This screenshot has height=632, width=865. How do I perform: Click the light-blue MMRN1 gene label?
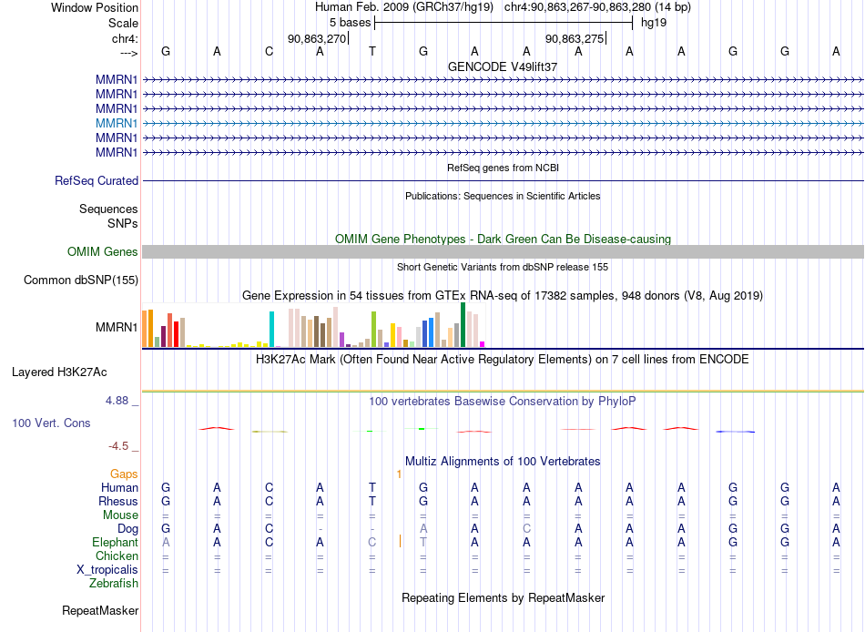[x=117, y=123]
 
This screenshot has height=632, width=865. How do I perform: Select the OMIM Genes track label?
[x=103, y=251]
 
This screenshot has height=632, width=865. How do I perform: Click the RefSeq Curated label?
[x=97, y=180]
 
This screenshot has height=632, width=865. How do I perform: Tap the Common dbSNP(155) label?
[x=81, y=280]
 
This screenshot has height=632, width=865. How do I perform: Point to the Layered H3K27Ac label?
[x=59, y=372]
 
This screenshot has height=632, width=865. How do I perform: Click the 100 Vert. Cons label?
[x=51, y=423]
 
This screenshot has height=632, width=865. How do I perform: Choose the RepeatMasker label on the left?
[x=100, y=610]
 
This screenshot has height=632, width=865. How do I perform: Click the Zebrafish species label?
[x=114, y=583]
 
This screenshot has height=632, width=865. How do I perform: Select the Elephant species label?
[x=115, y=542]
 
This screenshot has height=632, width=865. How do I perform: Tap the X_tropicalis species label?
[x=107, y=570]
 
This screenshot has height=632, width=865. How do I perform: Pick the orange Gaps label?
[x=124, y=474]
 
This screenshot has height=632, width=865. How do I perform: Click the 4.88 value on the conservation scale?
[x=117, y=400]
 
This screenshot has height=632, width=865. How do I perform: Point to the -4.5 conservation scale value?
[x=118, y=445]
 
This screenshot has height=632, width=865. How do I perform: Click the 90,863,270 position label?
[x=317, y=38]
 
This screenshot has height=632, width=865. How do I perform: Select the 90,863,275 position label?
[x=575, y=38]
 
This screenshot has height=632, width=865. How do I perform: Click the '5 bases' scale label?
[x=351, y=23]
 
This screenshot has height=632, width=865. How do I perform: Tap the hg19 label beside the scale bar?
[x=654, y=23]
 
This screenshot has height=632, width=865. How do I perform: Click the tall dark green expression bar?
[x=463, y=324]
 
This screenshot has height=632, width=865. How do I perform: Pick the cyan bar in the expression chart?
[x=271, y=329]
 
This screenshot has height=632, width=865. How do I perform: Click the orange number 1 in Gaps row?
[x=399, y=474]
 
